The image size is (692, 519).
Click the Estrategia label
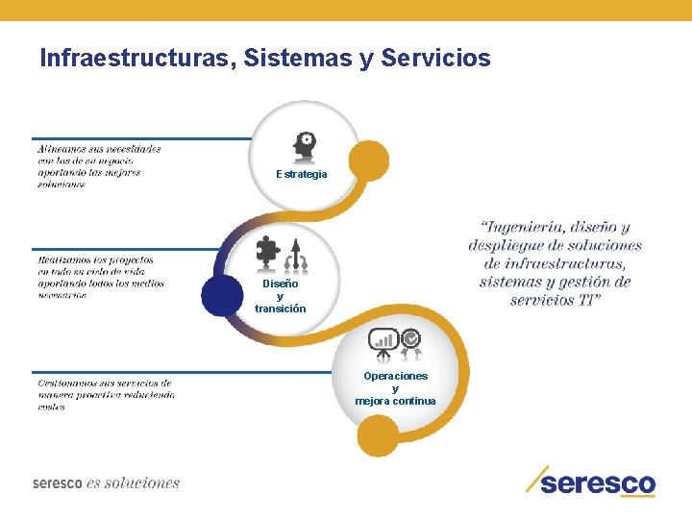click(302, 175)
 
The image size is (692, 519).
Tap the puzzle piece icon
click(267, 254)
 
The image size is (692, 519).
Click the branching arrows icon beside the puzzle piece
click(295, 254)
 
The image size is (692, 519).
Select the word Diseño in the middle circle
click(281, 284)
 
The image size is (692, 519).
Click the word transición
click(281, 309)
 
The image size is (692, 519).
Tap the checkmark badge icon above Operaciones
click(410, 340)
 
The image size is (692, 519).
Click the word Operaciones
click(395, 376)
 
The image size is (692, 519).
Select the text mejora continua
click(395, 401)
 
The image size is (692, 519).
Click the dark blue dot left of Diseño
click(223, 296)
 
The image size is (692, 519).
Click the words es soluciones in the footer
click(133, 482)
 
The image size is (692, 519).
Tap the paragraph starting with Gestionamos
click(107, 394)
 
